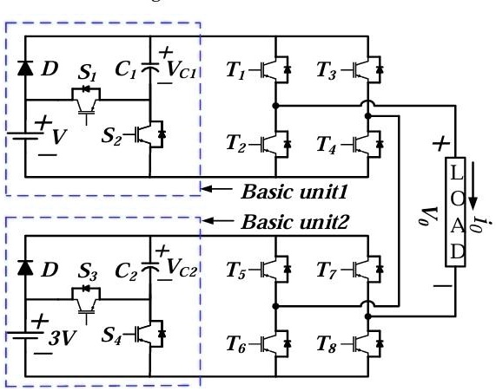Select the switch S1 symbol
pos(86,98)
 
